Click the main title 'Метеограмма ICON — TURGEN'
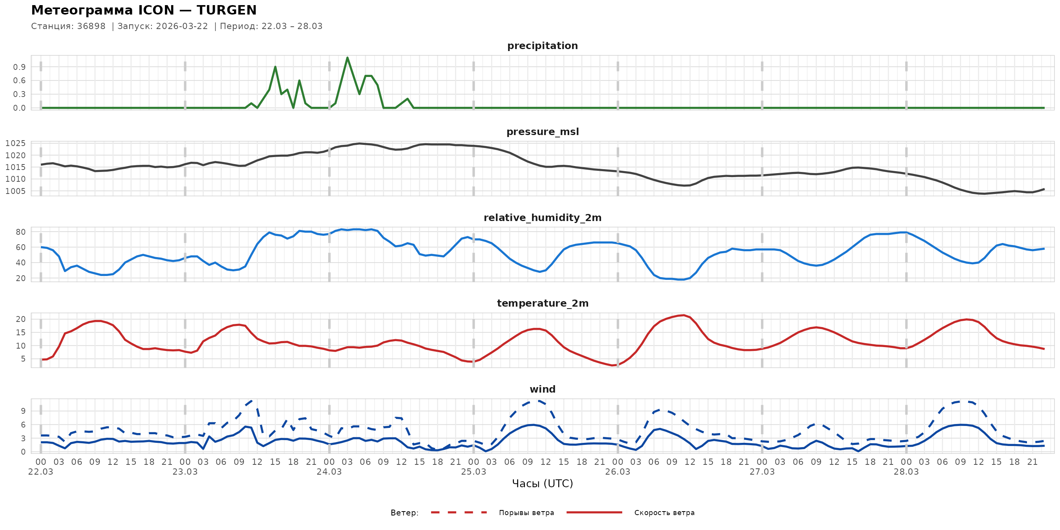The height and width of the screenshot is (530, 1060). tap(144, 10)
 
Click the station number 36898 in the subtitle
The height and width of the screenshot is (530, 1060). tap(91, 26)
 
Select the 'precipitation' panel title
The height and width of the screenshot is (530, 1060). tap(542, 46)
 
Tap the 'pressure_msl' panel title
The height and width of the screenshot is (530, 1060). tap(542, 132)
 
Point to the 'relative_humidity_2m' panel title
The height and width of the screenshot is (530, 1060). tap(542, 217)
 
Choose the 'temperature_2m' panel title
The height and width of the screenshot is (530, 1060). tap(542, 303)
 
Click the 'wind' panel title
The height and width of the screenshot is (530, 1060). tap(542, 389)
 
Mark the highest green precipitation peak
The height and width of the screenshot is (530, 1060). tap(347, 58)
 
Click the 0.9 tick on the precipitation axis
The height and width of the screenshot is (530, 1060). tap(19, 67)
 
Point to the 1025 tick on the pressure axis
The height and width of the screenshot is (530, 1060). tap(15, 144)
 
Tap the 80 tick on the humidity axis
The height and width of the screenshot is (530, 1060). tap(20, 232)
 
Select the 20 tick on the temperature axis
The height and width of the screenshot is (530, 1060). tap(20, 319)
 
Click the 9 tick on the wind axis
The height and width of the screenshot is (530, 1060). tap(23, 411)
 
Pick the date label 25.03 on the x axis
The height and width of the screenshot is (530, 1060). tap(473, 472)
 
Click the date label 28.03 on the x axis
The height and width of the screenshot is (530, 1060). tap(906, 472)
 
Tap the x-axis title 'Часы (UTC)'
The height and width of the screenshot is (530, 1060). tap(542, 484)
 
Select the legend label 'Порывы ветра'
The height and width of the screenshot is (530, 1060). tap(526, 513)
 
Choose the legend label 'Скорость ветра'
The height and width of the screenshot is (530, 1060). tap(664, 513)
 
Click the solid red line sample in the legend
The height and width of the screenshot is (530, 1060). tap(594, 512)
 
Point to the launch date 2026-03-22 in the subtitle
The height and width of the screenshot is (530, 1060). tap(182, 26)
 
